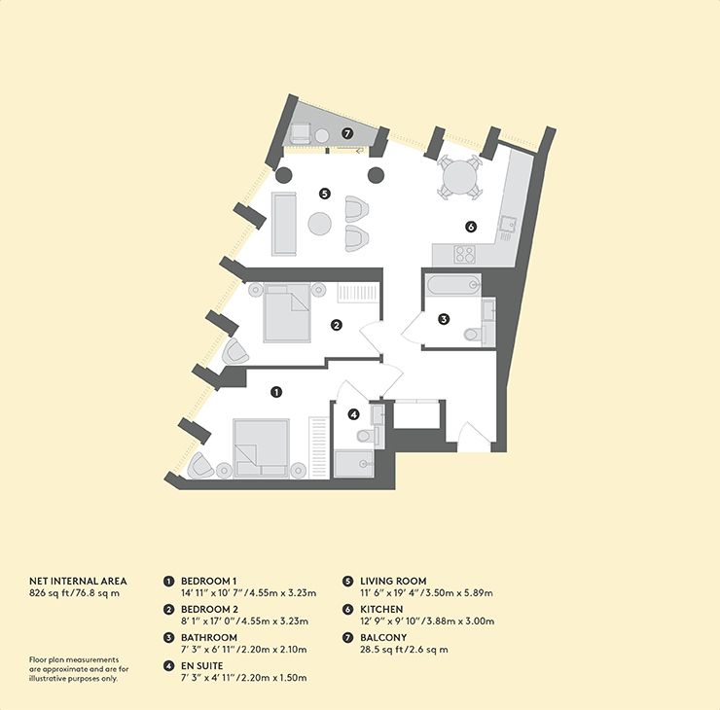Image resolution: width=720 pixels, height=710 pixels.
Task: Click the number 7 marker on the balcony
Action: (347, 133)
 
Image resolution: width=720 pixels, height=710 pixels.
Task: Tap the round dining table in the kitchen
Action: (459, 177)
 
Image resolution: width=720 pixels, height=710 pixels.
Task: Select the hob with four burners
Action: (464, 254)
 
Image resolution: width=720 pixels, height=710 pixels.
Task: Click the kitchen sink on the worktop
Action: (508, 223)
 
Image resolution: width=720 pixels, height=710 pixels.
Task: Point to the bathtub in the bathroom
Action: (453, 286)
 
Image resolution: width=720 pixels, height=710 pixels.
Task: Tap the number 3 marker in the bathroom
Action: (444, 318)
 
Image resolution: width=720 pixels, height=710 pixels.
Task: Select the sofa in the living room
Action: (284, 224)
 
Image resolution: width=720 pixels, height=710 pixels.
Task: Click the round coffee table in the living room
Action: (319, 224)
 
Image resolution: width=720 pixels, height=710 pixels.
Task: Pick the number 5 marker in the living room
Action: (325, 194)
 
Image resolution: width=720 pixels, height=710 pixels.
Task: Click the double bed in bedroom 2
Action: (287, 313)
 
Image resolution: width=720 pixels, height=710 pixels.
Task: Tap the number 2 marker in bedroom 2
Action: (337, 326)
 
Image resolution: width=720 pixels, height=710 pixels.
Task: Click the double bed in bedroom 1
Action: (262, 448)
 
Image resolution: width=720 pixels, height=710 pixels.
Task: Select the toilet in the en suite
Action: (368, 435)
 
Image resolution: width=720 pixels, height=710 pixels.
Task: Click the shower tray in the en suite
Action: (354, 464)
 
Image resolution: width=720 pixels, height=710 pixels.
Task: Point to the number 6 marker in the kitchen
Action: (471, 227)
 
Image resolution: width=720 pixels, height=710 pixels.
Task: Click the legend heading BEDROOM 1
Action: (209, 581)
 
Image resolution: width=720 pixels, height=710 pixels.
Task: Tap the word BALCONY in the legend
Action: (383, 637)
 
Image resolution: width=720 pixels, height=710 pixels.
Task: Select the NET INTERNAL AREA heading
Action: (78, 581)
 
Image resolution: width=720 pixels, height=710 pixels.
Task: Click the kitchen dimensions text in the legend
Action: (427, 621)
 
